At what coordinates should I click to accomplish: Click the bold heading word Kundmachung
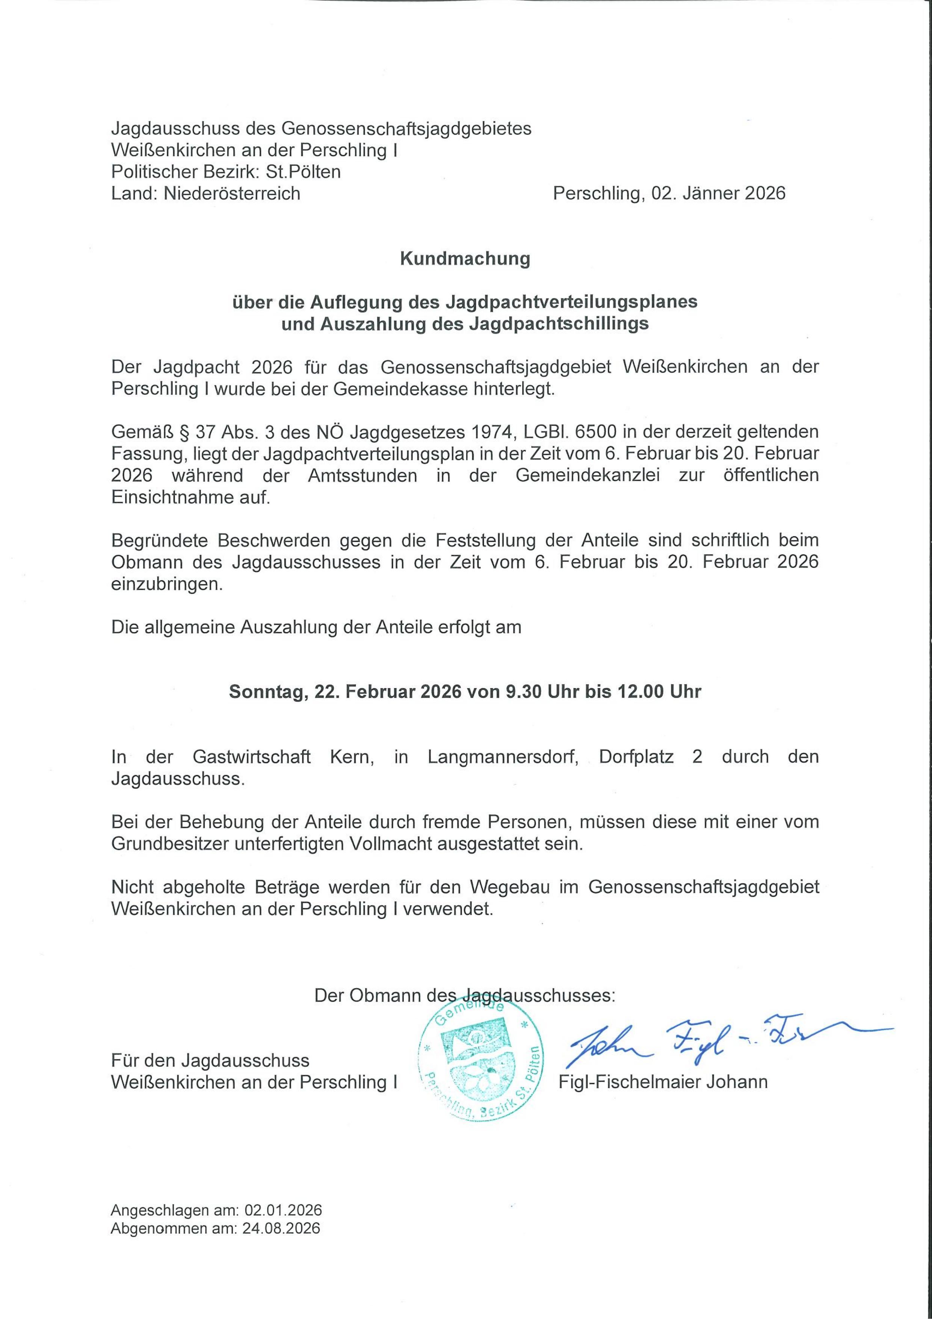pyautogui.click(x=465, y=259)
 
